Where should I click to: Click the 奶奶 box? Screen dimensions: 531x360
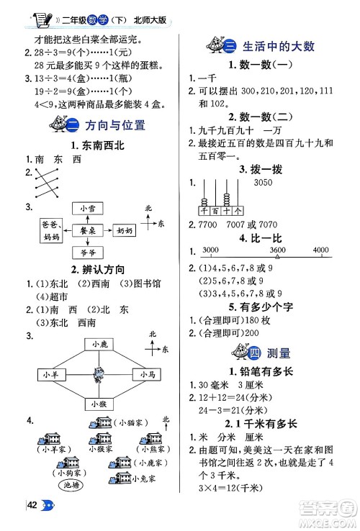click(125, 230)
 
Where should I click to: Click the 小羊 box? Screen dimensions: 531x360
click(51, 375)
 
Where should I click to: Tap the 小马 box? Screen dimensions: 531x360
click(147, 375)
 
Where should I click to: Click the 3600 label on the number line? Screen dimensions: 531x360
click(276, 250)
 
